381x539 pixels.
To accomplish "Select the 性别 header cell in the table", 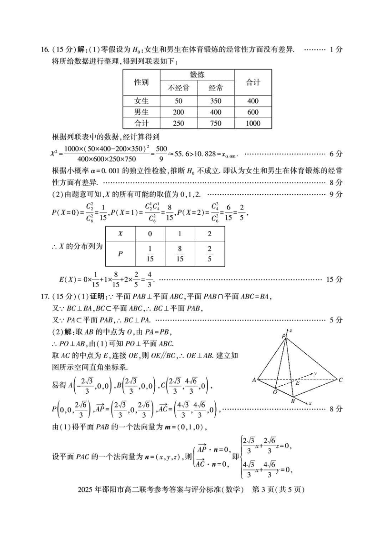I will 141,82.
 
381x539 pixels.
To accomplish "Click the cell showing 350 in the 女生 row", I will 215,100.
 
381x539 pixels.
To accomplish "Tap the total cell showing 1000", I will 253,123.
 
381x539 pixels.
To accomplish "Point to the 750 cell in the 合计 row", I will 215,123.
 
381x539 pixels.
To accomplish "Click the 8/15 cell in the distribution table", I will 180,254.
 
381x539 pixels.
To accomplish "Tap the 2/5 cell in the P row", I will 210,254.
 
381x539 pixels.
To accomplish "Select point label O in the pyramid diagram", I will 275,391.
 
